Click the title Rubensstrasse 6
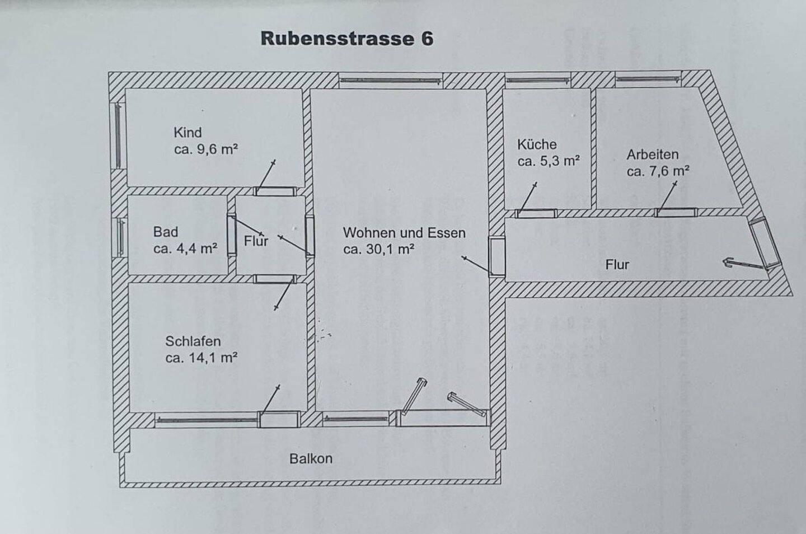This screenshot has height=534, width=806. (346, 39)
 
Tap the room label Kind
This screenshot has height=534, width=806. (188, 133)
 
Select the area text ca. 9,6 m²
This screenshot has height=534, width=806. (206, 149)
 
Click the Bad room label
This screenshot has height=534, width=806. (166, 232)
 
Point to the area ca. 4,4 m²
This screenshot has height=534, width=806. (185, 249)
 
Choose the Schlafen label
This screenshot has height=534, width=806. (193, 341)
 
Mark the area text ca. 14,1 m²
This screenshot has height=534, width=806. (201, 358)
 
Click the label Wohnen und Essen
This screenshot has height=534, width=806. (404, 232)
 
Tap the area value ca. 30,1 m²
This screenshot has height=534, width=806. (379, 249)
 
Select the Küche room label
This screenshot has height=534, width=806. (537, 144)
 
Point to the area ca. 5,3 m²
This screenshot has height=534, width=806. (549, 161)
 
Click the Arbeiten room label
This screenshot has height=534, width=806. (652, 154)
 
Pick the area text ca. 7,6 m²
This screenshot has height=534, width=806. (658, 171)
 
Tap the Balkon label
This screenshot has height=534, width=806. (311, 458)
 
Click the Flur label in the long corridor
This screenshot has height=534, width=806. (617, 264)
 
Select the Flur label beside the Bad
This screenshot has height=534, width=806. (256, 241)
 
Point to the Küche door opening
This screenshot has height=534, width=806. (536, 213)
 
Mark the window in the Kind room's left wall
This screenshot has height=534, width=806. (118, 136)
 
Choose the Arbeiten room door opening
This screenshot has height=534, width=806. (677, 212)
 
